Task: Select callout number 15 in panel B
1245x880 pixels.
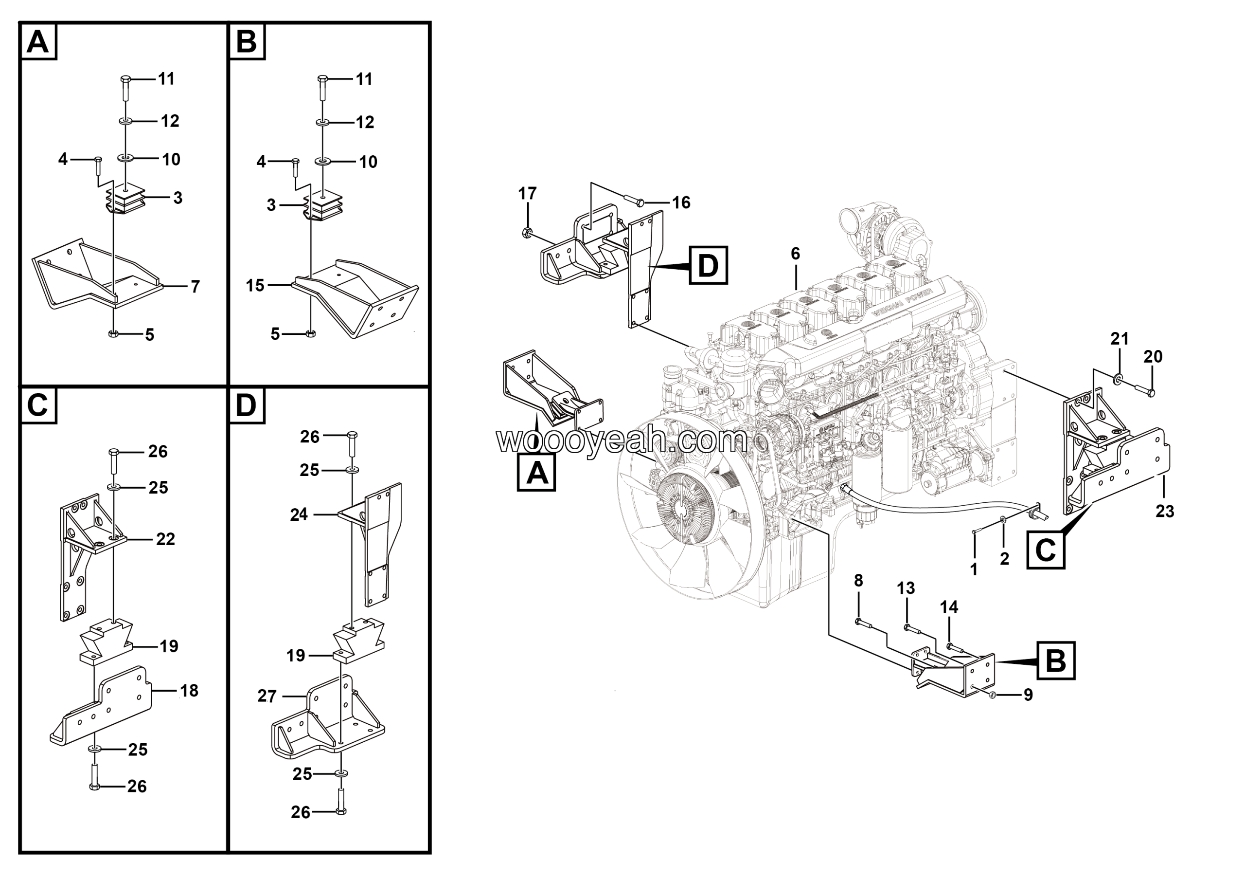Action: [x=255, y=285]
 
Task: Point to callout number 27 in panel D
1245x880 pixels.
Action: [x=267, y=696]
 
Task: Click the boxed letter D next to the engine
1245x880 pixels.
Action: [x=708, y=265]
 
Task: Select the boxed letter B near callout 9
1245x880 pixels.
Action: [x=1055, y=660]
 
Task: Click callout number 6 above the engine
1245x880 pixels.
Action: [x=795, y=254]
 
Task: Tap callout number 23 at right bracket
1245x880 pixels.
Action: [x=1164, y=511]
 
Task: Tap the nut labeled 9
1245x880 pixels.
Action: [x=992, y=695]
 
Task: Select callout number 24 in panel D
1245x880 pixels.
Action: [x=299, y=514]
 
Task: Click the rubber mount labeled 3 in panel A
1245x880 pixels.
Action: [x=126, y=202]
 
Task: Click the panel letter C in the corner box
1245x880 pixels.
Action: [x=37, y=405]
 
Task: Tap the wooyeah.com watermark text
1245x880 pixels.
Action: [x=622, y=440]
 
